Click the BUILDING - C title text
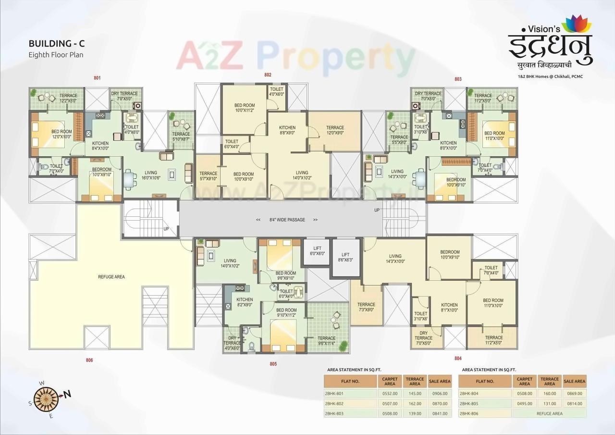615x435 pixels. (57, 44)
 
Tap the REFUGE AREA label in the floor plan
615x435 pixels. (111, 276)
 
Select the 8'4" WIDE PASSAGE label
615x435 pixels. (287, 220)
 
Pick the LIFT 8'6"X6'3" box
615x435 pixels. (346, 257)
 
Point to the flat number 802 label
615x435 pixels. (268, 75)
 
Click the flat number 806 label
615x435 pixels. (89, 360)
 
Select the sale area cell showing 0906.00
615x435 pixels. (440, 393)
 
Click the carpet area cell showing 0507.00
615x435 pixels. (390, 403)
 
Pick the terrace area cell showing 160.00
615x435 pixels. (550, 393)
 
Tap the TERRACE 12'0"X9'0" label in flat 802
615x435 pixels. (335, 130)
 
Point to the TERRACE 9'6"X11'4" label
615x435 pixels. (327, 340)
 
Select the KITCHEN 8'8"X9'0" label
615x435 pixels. (287, 130)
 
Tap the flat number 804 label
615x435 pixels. (457, 358)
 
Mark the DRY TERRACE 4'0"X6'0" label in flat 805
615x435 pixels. (232, 343)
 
